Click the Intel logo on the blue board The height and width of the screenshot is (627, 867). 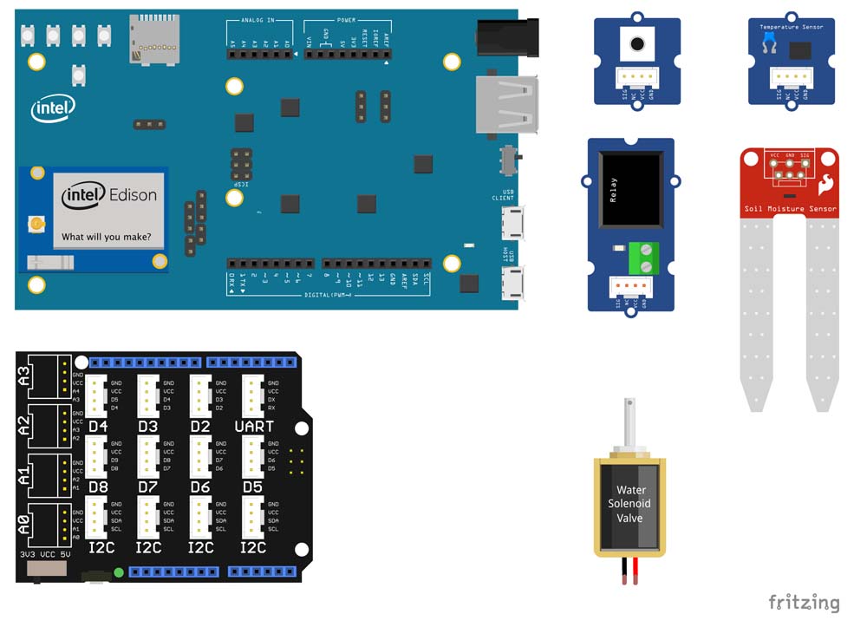click(53, 108)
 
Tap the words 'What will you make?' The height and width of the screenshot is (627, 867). click(113, 237)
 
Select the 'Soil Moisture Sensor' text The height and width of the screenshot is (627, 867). click(791, 209)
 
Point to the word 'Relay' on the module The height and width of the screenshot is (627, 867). click(612, 191)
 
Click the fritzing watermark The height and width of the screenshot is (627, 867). click(804, 602)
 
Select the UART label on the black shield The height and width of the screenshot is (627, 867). click(254, 427)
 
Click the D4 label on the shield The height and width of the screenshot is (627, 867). click(98, 427)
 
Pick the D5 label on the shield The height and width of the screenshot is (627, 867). click(252, 487)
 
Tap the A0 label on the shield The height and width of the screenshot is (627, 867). click(24, 524)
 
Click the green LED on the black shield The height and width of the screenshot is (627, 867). click(118, 571)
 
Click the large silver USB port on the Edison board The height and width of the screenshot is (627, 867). click(505, 105)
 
